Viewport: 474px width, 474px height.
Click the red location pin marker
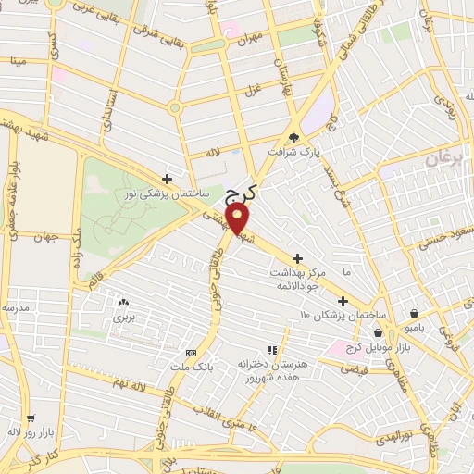238,218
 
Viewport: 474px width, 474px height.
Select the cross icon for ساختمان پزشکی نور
167,179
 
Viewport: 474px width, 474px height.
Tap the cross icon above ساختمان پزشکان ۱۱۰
343,301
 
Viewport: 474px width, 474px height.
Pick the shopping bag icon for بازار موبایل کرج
378,332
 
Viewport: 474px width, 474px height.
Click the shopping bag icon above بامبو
414,313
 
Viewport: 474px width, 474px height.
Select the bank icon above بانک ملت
192,353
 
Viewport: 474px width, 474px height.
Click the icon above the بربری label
123,301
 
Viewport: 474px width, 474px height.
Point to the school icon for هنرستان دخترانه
271,351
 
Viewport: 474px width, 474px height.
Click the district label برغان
444,159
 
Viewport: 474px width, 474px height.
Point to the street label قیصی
355,368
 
